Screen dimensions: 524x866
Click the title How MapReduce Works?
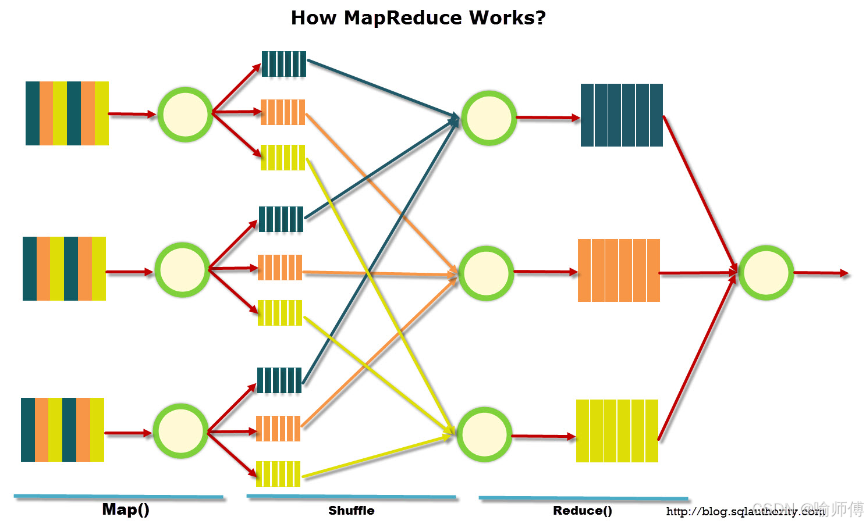[418, 18]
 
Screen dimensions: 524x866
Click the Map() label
[126, 509]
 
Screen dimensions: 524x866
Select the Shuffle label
[351, 511]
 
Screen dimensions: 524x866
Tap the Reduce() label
[582, 511]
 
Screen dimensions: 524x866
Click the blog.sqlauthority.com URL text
[745, 512]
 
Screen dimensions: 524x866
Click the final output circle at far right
[766, 273]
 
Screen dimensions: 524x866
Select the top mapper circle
[185, 115]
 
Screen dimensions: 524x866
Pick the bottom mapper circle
[180, 431]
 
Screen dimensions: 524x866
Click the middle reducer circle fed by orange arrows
[486, 273]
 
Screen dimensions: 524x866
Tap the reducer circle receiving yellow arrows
[484, 434]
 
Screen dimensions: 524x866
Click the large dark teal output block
[622, 115]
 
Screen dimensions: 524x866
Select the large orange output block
[619, 270]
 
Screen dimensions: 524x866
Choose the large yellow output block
[617, 431]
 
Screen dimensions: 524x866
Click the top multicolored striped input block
[67, 113]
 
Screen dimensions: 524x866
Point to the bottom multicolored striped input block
[62, 430]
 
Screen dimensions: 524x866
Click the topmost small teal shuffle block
[284, 64]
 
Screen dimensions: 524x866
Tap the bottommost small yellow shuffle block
[278, 474]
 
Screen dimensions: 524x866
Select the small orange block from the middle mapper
[280, 268]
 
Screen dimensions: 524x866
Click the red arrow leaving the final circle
[821, 273]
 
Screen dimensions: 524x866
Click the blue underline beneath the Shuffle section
[351, 497]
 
